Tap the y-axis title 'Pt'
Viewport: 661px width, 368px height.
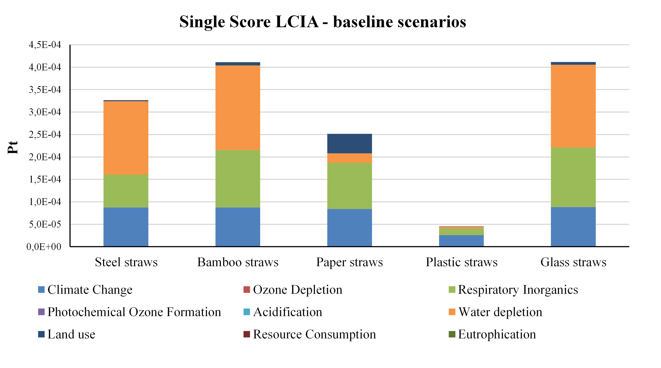(x=13, y=147)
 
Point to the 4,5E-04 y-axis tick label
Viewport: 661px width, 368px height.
(x=45, y=45)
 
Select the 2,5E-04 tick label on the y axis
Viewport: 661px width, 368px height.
(x=45, y=135)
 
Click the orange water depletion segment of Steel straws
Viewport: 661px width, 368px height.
(x=126, y=138)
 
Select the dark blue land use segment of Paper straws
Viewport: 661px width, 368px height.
(x=350, y=144)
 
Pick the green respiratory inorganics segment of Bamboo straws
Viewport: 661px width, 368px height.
(x=238, y=179)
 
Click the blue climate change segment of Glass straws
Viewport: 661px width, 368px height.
(x=573, y=227)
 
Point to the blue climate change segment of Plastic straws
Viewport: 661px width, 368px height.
(x=461, y=241)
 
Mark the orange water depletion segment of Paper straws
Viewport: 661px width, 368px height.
(x=350, y=158)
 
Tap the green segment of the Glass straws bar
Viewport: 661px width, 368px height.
(x=573, y=177)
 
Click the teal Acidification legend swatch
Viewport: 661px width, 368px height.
(x=247, y=312)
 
